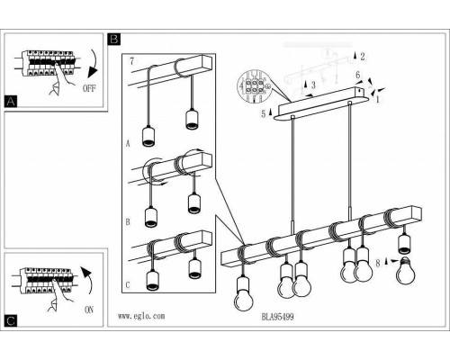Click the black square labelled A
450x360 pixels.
pos(11,102)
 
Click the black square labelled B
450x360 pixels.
pos(114,39)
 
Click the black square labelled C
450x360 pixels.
pos(11,320)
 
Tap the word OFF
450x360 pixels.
pos(89,88)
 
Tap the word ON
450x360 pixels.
pos(89,310)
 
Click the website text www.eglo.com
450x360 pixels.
pos(141,316)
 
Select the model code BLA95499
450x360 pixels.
pos(277,317)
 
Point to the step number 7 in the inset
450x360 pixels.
pos(131,61)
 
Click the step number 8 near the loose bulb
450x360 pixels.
pos(378,263)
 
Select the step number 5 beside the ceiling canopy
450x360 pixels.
pos(264,113)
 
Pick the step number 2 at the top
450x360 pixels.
pos(363,56)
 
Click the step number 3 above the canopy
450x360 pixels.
pos(313,85)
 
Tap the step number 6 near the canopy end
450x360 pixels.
pos(357,75)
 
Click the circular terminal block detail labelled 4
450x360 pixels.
pos(254,86)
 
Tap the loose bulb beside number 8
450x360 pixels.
pos(405,270)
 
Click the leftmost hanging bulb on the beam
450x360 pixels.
pos(243,294)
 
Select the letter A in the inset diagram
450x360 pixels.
pos(128,144)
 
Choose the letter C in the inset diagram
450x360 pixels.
pos(128,284)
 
